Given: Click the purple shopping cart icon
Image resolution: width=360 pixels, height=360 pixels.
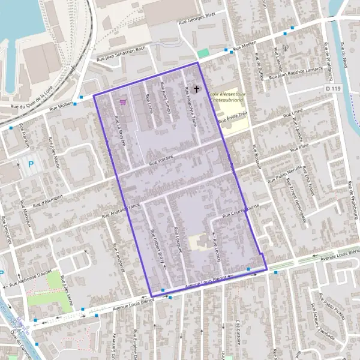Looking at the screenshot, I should click(123, 102).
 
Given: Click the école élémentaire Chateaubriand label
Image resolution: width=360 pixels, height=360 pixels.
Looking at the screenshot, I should click(227, 98).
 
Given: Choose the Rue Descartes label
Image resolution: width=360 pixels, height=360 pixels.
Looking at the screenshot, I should click(8, 229).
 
